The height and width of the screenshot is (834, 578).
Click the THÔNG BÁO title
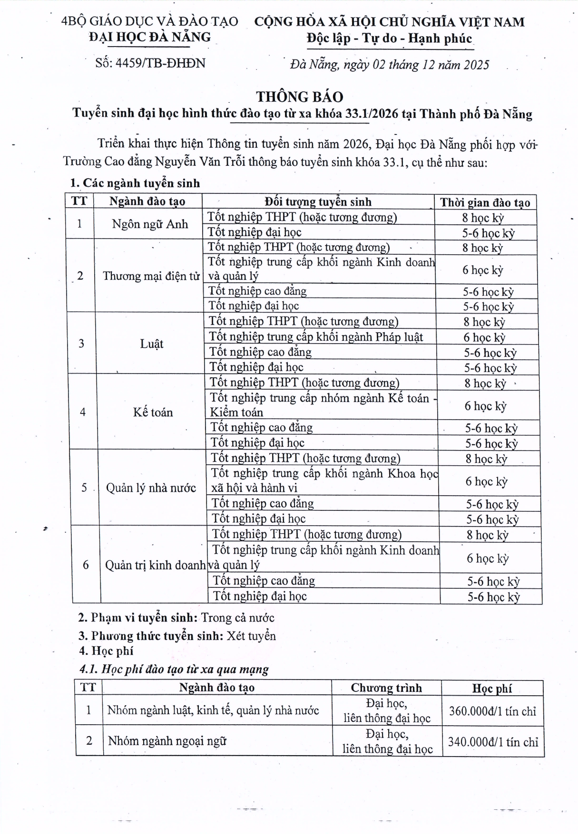pos(299,96)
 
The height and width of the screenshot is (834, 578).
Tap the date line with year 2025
pos(389,65)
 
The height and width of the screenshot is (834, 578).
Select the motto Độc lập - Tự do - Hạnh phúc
pos(389,38)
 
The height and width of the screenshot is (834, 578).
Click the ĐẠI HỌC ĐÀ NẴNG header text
pos(150,37)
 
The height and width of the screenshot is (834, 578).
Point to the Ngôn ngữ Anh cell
pos(150,224)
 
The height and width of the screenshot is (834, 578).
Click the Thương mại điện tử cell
pos(151,276)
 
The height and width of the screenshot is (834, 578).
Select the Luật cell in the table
pos(152,344)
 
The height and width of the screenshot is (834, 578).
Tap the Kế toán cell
pos(153,412)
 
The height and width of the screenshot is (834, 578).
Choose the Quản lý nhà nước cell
pos(151,488)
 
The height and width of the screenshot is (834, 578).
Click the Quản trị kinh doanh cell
pos(155,565)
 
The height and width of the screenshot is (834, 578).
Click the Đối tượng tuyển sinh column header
pos(318,201)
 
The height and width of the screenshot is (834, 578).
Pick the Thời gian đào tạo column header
pos(485,202)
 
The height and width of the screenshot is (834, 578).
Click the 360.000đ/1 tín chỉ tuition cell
pos(492,711)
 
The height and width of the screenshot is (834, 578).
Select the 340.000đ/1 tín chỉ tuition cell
pos(493,742)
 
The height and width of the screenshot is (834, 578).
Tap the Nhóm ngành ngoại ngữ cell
pos(167,741)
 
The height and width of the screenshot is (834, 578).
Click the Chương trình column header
pos(386,688)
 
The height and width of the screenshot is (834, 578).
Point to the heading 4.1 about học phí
pos(174,669)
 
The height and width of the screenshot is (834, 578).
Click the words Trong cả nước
pos(237,618)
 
